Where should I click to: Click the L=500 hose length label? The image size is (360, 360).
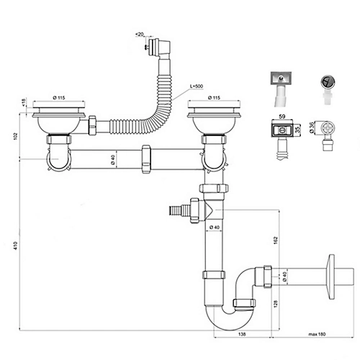(197, 86)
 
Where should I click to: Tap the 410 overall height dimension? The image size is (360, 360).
(16, 246)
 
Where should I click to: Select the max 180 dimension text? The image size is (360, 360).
(317, 334)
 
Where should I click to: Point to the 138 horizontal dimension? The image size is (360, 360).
(243, 334)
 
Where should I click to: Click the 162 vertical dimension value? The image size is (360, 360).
(276, 240)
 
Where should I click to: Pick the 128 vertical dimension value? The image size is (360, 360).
(276, 304)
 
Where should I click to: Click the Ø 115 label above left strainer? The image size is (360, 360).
(59, 98)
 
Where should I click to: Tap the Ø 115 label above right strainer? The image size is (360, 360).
(214, 98)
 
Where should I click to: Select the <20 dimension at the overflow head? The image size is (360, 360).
(140, 35)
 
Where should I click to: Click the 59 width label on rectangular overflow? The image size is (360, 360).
(282, 117)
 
